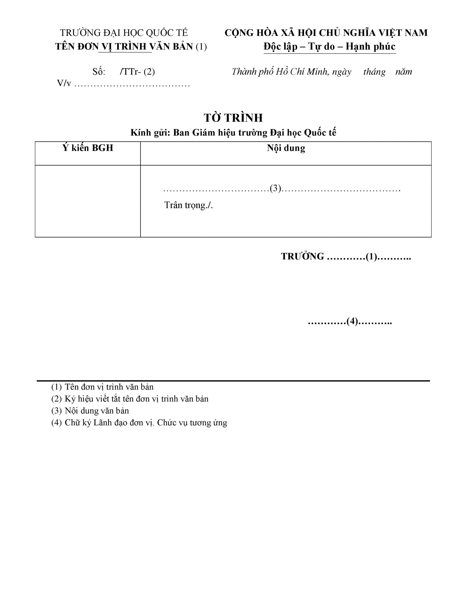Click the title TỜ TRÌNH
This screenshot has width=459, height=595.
point(233,118)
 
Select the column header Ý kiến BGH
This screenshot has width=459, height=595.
point(88,148)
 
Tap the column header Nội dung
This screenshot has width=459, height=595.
point(286,148)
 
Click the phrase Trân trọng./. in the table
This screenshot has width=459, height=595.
point(188,205)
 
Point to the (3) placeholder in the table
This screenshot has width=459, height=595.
point(275,188)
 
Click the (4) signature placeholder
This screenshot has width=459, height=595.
point(352,321)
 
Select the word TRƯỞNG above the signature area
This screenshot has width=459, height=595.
point(302,256)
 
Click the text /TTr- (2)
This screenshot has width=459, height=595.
point(137,72)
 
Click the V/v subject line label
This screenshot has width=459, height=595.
point(64,83)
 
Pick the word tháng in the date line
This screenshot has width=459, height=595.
point(374,72)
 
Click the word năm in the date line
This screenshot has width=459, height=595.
point(404,72)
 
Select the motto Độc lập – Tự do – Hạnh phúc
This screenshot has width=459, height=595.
point(329,46)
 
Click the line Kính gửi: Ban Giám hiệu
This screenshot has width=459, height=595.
point(233,133)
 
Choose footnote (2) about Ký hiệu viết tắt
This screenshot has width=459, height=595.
point(130,399)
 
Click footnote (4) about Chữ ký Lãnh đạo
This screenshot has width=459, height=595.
point(139,423)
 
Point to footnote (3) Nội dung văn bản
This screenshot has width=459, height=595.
point(90,410)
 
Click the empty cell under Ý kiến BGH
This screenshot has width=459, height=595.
point(88,201)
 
